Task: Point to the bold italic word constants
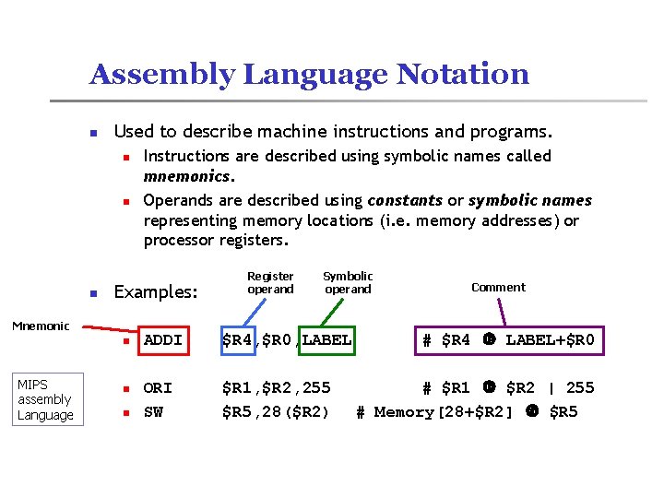coord(405,200)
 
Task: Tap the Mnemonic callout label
coord(40,326)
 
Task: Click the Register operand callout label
coord(270,282)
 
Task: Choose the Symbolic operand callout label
coord(348,282)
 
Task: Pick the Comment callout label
coord(498,287)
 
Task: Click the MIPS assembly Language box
coord(44,399)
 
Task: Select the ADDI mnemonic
coord(163,340)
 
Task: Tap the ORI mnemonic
coord(158,387)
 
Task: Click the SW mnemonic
coord(153,411)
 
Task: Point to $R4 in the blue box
coord(237,340)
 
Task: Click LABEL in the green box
coord(326,340)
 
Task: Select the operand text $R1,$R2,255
coord(276,387)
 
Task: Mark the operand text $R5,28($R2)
coord(276,411)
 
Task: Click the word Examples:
coord(155,292)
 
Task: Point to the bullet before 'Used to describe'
coord(93,133)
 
